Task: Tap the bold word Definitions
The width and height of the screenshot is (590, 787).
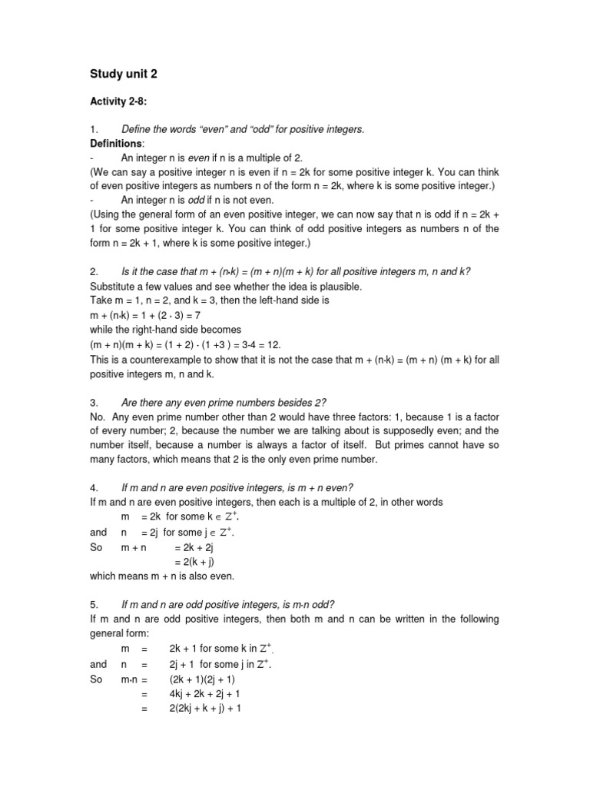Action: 114,143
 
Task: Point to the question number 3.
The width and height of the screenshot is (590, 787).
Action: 94,402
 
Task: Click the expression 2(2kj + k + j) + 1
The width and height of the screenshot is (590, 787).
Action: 206,708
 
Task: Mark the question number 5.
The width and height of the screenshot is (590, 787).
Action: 94,604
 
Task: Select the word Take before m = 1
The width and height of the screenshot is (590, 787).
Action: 101,301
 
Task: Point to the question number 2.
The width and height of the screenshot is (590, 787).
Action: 94,272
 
